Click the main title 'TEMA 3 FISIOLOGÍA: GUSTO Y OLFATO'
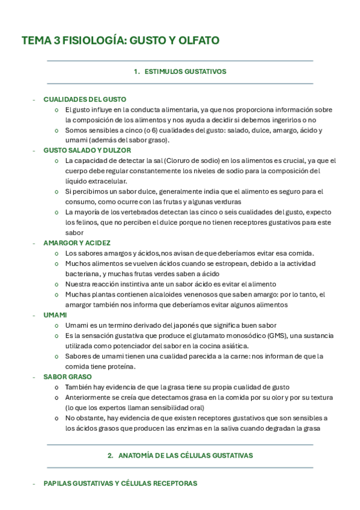point(120,40)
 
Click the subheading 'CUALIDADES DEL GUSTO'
point(85,99)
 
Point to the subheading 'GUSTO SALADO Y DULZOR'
point(87,150)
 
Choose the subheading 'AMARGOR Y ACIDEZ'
point(77,243)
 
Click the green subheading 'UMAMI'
point(55,315)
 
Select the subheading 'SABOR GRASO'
point(67,376)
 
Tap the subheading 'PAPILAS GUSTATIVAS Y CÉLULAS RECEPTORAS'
point(120,484)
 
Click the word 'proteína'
point(122,366)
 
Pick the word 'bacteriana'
point(82,274)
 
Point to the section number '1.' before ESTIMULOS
point(136,72)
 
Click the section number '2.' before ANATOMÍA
point(111,456)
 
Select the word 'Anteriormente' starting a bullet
point(88,398)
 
